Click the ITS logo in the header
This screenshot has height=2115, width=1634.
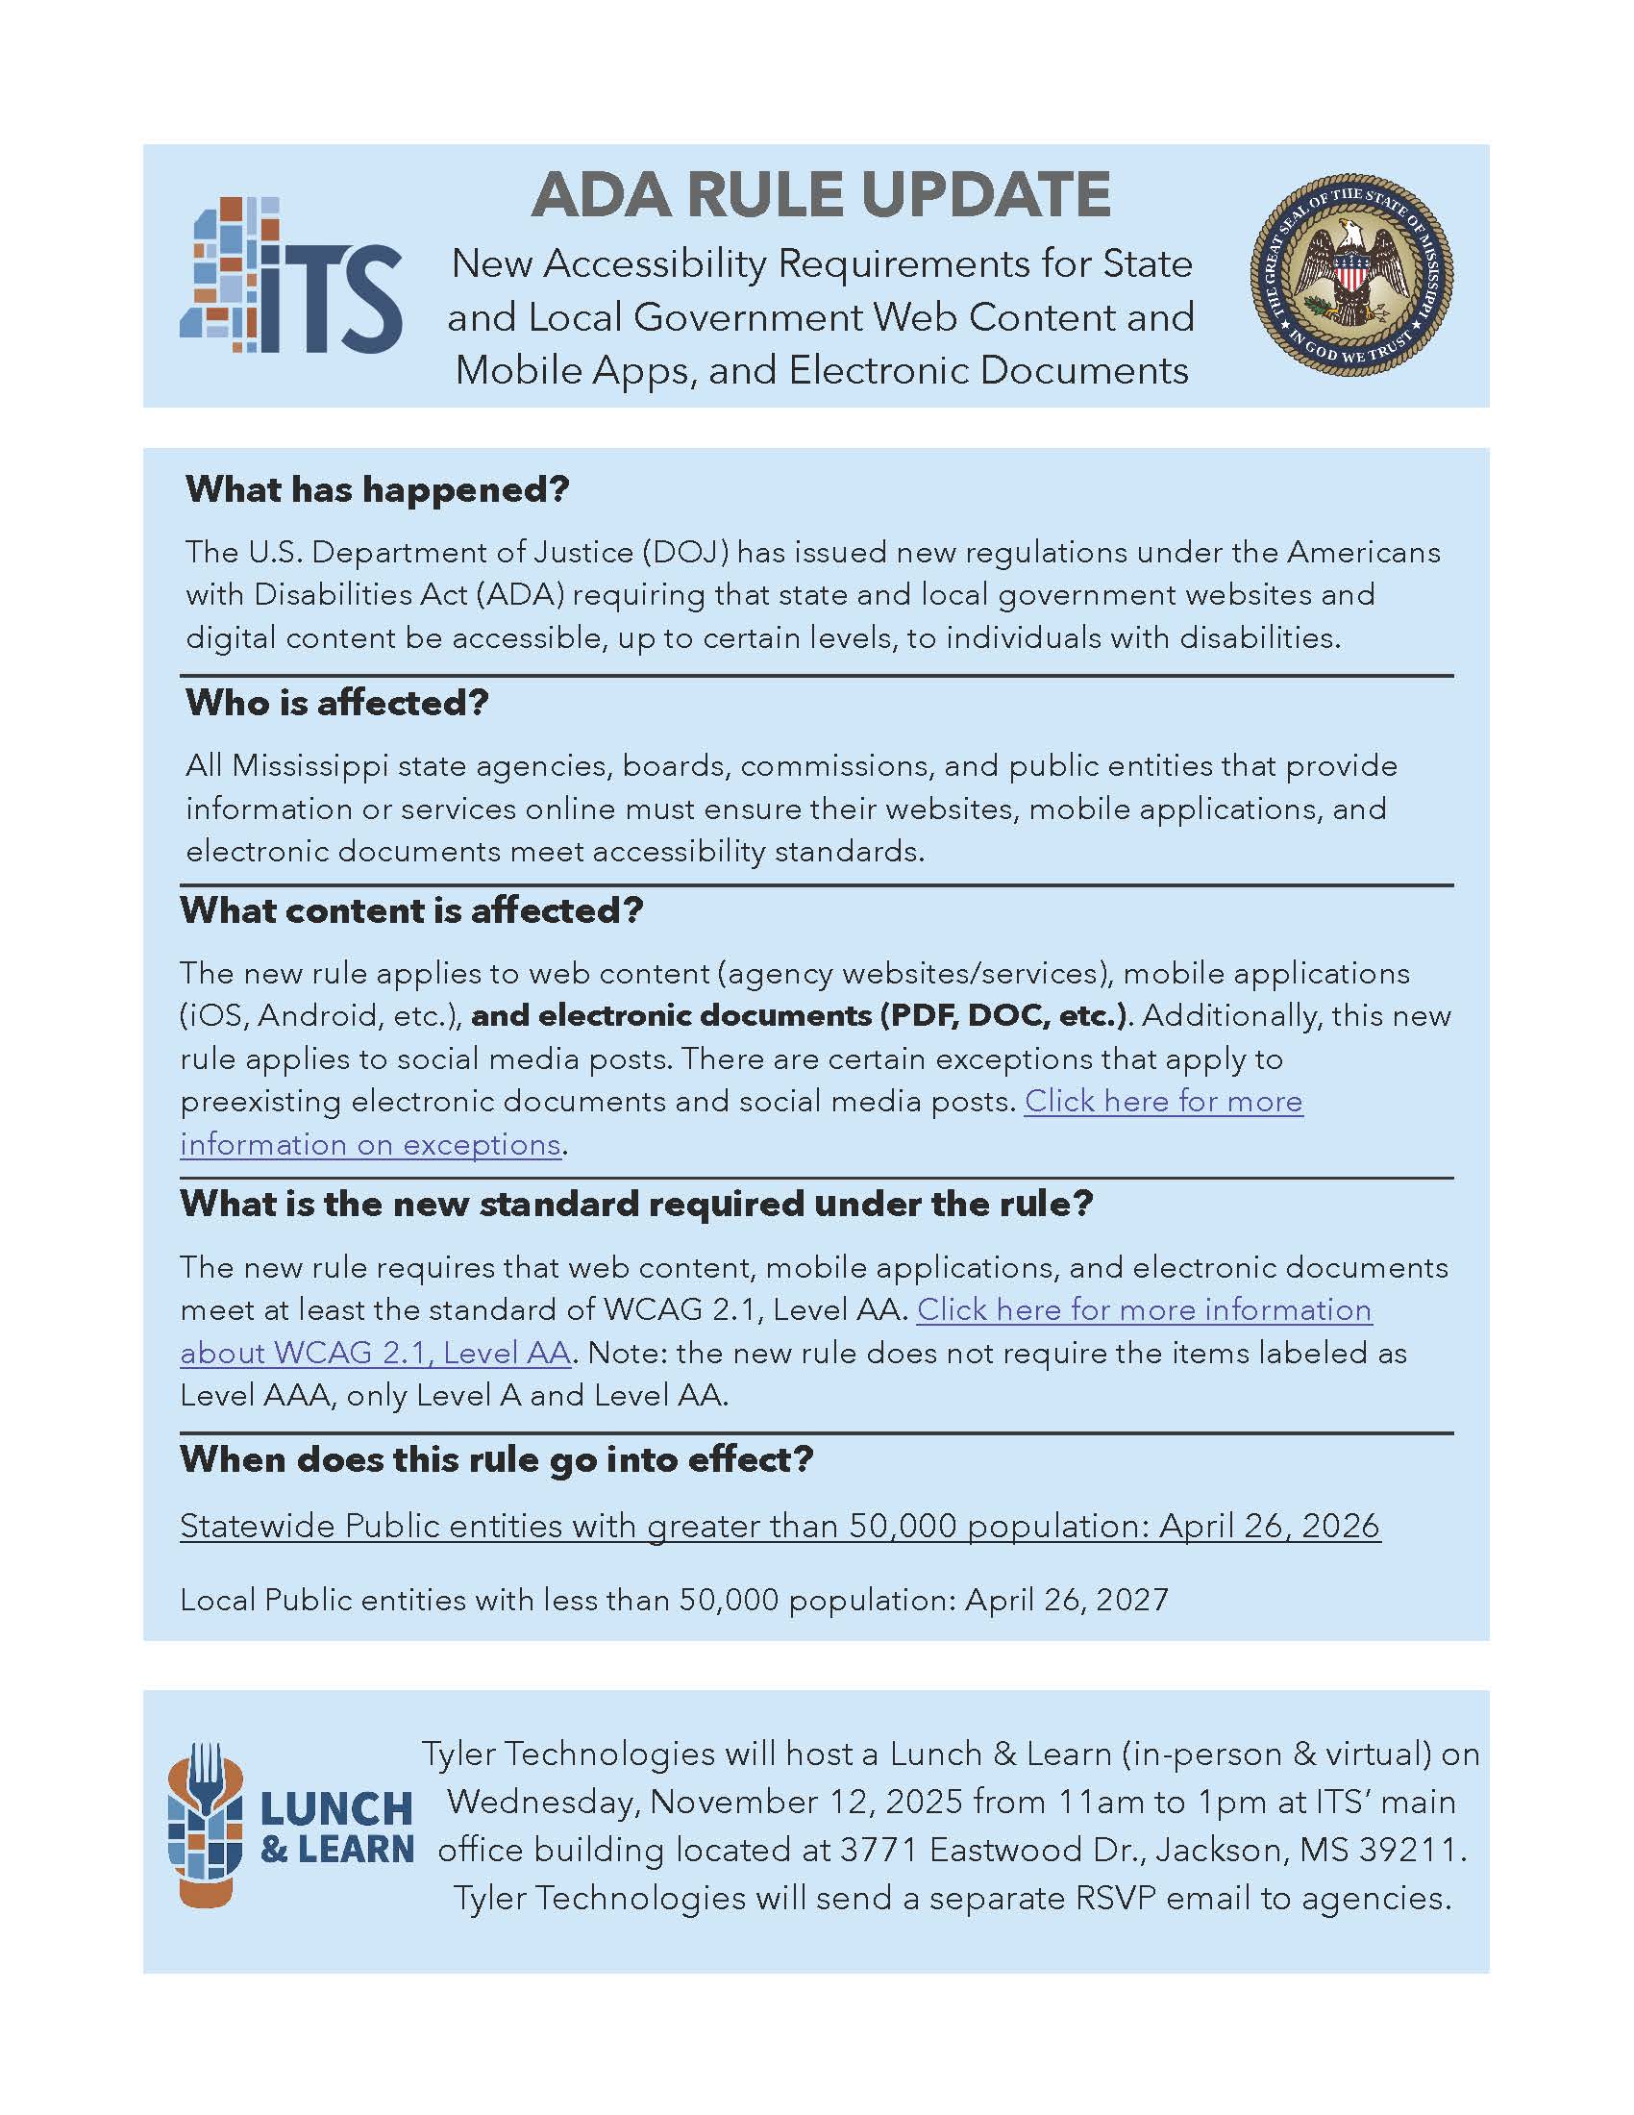(291, 277)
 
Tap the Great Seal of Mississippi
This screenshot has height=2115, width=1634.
(1350, 275)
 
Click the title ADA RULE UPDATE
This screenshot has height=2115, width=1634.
(821, 194)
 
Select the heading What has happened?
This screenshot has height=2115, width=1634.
(378, 489)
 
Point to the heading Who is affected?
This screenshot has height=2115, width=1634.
(336, 703)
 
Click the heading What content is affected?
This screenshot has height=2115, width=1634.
(411, 910)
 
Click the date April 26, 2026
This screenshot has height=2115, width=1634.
(1269, 1527)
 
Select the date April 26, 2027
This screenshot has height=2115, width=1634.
(1067, 1600)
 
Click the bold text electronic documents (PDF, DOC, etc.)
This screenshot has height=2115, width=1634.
(801, 1016)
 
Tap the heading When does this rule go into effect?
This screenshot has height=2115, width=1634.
(497, 1459)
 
